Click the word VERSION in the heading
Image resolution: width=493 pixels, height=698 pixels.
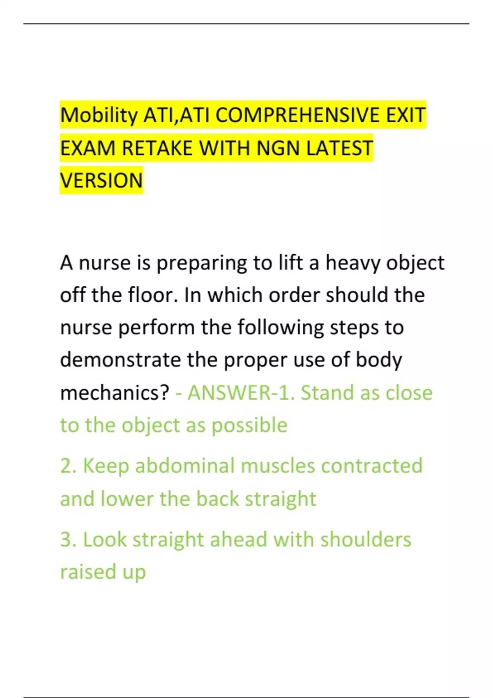(101, 180)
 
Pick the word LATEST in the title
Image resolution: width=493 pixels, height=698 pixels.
(339, 148)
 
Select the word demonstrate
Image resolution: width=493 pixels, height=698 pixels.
(120, 360)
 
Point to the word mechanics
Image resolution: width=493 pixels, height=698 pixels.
(115, 392)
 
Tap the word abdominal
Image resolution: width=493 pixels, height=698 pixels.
(184, 466)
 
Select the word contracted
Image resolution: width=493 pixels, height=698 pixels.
(372, 466)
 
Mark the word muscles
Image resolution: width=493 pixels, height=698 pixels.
(278, 466)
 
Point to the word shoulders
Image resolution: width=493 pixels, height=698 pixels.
(366, 540)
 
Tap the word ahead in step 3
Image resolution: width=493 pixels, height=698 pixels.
(239, 540)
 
